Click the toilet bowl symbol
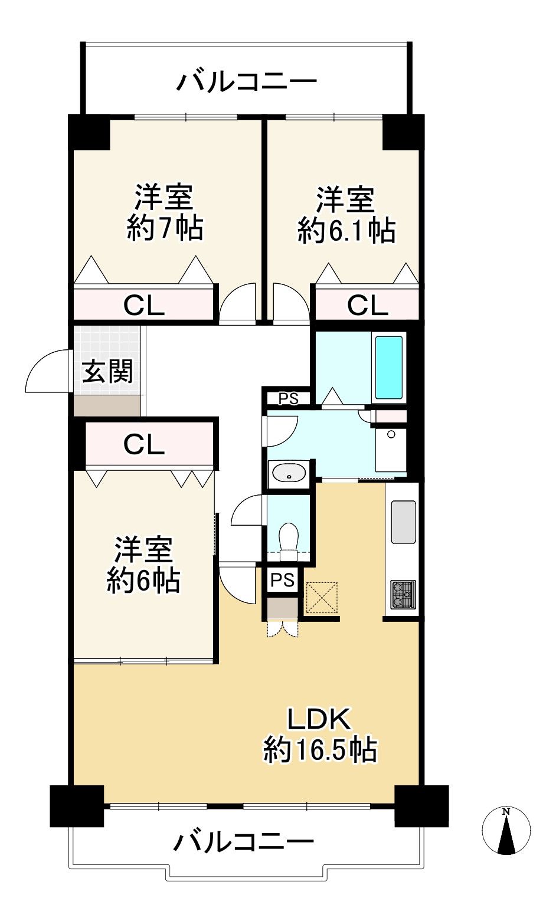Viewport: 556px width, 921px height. pos(288,542)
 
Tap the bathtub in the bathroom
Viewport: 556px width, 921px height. pos(388,368)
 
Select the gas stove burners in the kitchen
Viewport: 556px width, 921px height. pos(404,594)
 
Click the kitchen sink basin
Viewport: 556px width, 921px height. pos(404,522)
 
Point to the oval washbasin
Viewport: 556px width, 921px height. pos(289,473)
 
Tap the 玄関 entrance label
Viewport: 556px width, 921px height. pos(107,371)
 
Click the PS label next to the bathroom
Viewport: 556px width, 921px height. pos(288,398)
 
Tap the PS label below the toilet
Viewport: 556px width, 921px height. pos(283,580)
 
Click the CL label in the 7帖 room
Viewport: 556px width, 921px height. pos(144,306)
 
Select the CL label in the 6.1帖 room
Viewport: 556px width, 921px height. pos(368,306)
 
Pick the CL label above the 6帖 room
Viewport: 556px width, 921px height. pos(144,444)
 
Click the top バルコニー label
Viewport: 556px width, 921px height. pos(247,82)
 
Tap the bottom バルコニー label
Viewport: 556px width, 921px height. pos(243,842)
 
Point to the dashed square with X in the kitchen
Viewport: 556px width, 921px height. pos(321,598)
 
